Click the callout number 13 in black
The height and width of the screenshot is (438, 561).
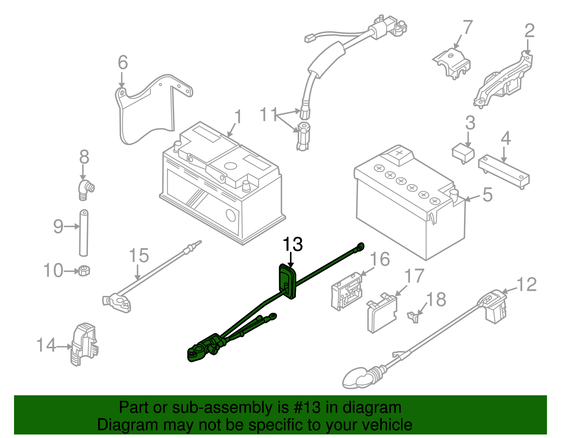point(292,244)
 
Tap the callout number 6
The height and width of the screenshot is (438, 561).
point(123,63)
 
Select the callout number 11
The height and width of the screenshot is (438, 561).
point(269,115)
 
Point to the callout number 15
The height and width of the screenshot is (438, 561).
point(139,256)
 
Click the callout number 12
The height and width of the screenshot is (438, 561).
point(527,284)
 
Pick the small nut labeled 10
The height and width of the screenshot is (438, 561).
point(84,271)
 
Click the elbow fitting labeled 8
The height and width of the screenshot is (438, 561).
point(85,189)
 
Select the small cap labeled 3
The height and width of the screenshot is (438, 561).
point(463,154)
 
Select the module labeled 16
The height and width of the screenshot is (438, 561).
point(346,291)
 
